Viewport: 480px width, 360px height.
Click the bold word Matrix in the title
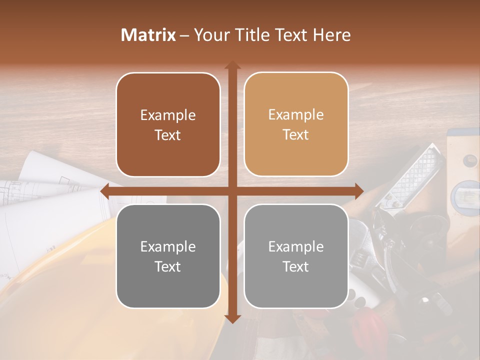click(148, 35)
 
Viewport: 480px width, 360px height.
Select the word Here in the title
click(331, 35)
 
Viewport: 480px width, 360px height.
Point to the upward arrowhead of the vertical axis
click(232, 65)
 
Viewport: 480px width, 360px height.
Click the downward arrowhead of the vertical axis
click(232, 318)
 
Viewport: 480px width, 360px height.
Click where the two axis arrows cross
click(232, 191)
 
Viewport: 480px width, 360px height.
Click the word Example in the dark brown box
click(168, 115)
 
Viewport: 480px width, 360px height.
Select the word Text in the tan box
click(296, 135)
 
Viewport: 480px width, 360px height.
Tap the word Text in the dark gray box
click(168, 266)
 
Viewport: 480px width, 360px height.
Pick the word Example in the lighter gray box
click(296, 246)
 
